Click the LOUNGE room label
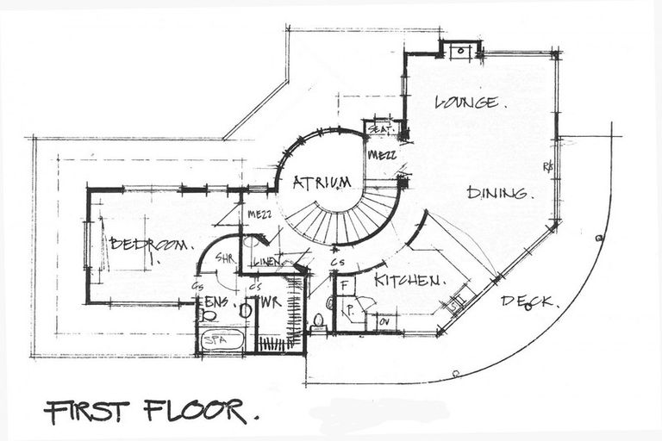(465, 102)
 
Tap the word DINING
(497, 193)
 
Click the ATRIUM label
(321, 183)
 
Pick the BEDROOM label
(147, 245)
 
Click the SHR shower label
(225, 258)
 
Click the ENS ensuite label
(215, 301)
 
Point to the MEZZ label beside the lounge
(381, 156)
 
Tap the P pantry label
(350, 307)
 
